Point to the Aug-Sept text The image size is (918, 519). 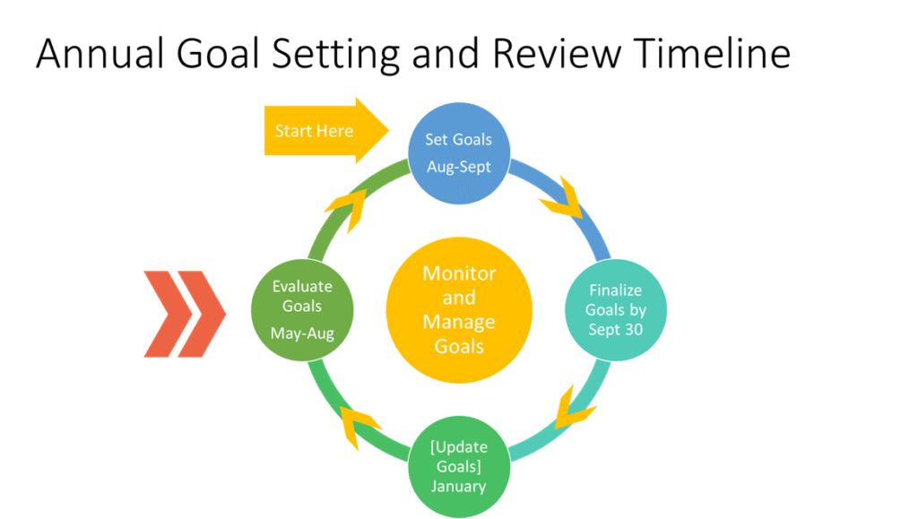pyautogui.click(x=459, y=167)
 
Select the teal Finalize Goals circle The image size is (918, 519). pyautogui.click(x=615, y=310)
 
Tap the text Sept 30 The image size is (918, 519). pyautogui.click(x=615, y=329)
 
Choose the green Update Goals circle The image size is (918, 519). pyautogui.click(x=459, y=466)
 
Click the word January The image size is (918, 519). pyautogui.click(x=459, y=487)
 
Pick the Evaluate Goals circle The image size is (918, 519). pyautogui.click(x=302, y=309)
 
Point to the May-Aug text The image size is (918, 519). pyautogui.click(x=302, y=332)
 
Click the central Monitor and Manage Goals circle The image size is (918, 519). pyautogui.click(x=459, y=309)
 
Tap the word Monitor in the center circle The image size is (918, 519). pyautogui.click(x=459, y=273)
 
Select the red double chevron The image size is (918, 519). pyautogui.click(x=185, y=313)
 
